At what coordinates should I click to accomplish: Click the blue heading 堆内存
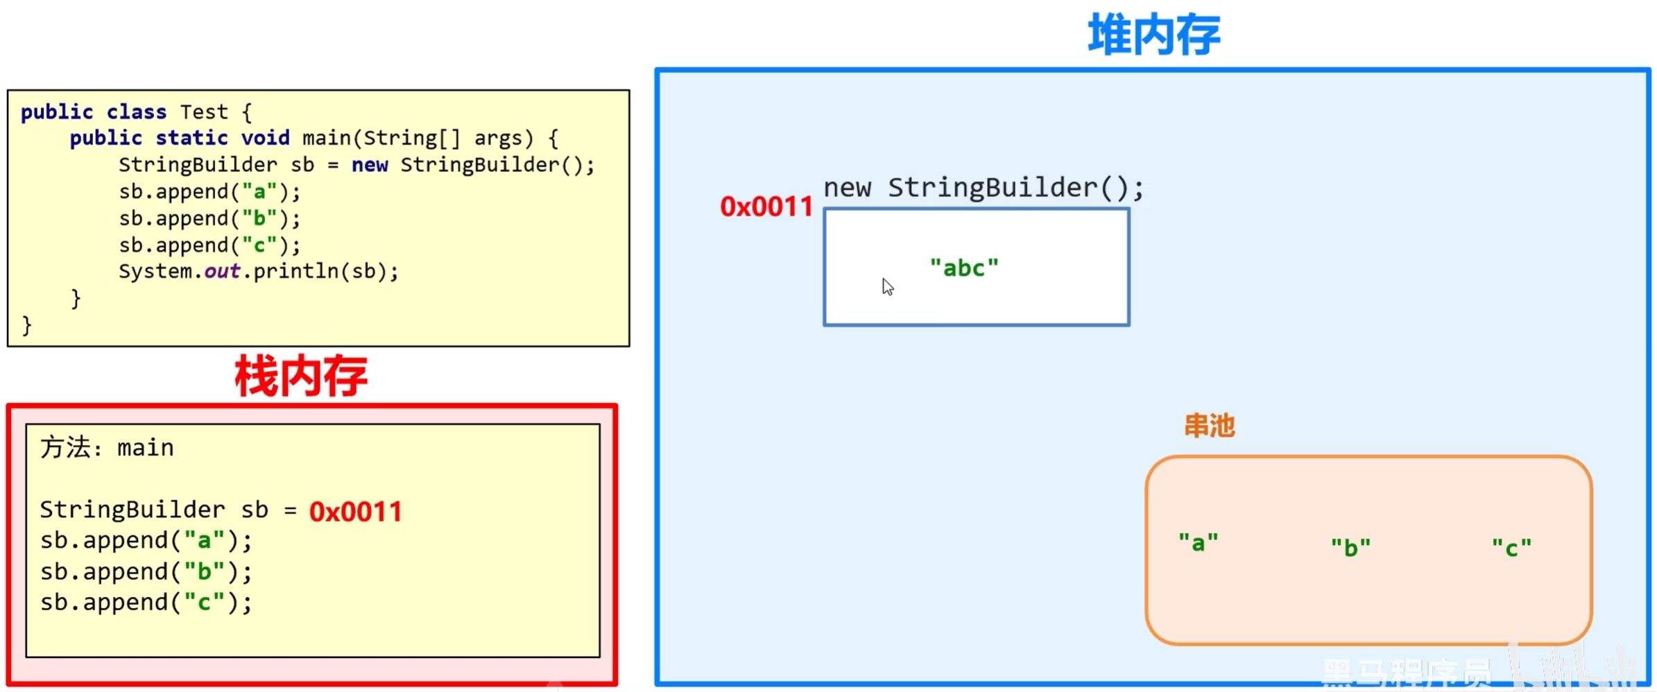click(1153, 35)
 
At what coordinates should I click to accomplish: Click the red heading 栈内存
click(301, 377)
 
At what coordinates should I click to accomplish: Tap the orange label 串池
click(1209, 426)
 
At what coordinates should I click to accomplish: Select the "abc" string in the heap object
click(964, 268)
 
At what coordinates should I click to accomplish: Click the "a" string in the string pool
click(1198, 542)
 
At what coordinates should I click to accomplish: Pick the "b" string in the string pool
click(1350, 548)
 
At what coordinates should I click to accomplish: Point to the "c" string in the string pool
click(1511, 548)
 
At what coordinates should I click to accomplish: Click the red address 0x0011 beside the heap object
click(766, 207)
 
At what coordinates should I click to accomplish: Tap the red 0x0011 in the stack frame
click(355, 512)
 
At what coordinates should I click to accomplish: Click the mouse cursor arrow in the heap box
click(887, 286)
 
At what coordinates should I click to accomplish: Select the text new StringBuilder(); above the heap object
click(983, 188)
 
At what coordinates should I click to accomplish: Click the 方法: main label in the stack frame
click(107, 448)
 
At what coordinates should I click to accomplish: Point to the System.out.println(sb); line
click(258, 271)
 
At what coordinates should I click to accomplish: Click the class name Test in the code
click(204, 112)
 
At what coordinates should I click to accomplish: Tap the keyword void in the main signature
click(265, 138)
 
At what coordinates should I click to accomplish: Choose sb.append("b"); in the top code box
click(209, 218)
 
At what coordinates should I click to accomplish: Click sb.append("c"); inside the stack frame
click(146, 603)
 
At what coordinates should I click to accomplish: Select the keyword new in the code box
click(369, 165)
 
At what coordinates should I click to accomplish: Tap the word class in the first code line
click(136, 112)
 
